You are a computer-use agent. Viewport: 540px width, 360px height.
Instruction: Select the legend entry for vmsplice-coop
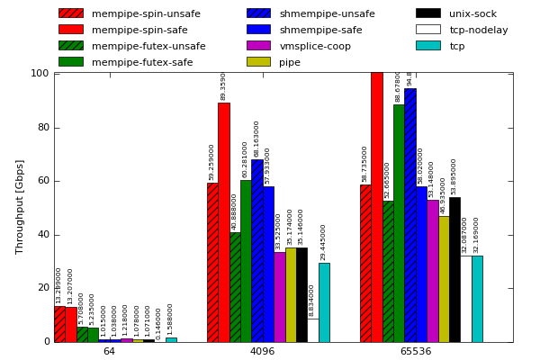pos(315,46)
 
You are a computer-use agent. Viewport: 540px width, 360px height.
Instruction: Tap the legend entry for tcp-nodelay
pos(478,30)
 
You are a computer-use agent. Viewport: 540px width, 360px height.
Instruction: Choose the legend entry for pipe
pos(290,62)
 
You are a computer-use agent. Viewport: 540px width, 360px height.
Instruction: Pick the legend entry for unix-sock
pos(472,13)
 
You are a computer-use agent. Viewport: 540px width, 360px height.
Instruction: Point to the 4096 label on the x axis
pos(262,351)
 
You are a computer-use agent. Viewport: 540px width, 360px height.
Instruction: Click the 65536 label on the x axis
pos(415,351)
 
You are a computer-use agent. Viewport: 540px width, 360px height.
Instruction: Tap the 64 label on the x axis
pos(109,351)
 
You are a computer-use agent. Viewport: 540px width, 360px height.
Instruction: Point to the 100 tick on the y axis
pos(40,73)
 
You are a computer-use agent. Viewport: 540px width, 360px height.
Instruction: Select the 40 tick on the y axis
pos(43,235)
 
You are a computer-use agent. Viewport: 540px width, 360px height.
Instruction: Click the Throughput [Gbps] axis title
pos(20,206)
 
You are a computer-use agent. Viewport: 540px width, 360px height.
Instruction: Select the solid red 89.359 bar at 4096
pos(223,222)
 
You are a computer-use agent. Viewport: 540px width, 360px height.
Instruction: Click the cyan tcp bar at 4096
pos(324,302)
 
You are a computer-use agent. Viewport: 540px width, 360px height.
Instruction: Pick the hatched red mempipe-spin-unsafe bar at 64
pos(59,324)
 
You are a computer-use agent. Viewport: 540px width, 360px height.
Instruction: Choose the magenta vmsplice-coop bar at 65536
pos(433,271)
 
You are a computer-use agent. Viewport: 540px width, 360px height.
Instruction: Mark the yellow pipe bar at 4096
pos(291,295)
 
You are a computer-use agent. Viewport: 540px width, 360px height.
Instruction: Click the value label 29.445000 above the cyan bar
pos(324,241)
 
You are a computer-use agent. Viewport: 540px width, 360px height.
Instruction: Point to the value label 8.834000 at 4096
pos(312,300)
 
